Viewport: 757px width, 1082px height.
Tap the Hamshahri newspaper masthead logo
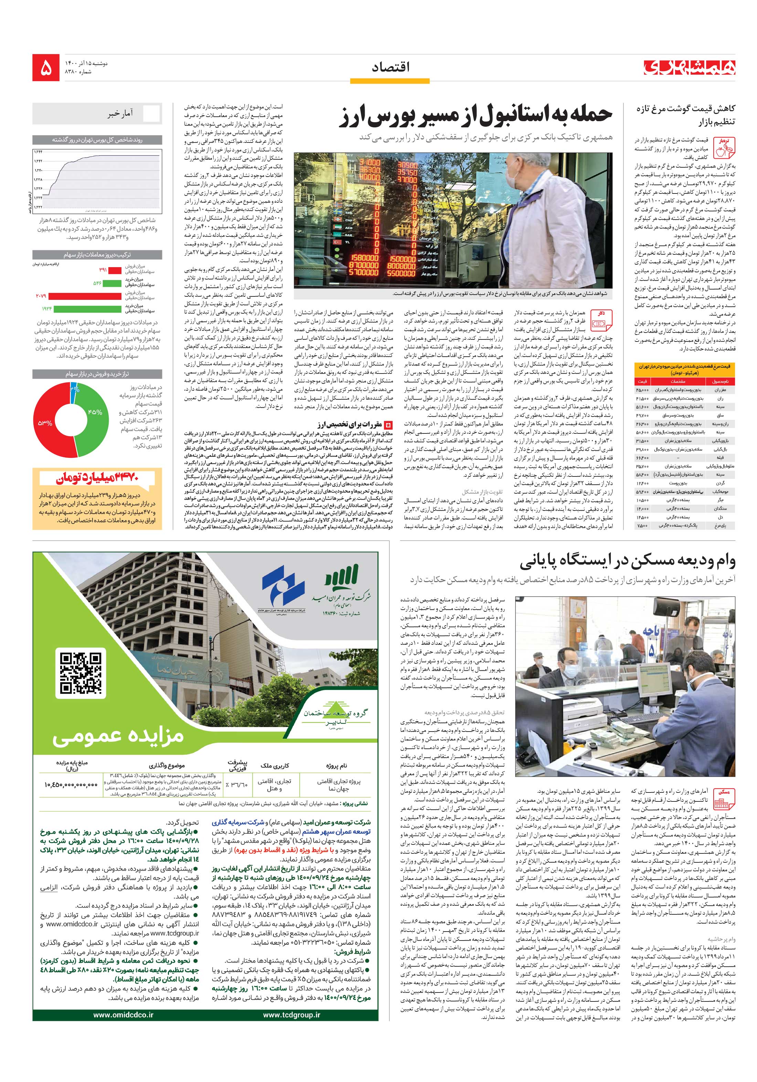click(x=690, y=67)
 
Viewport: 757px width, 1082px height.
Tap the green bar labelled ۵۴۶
click(x=111, y=283)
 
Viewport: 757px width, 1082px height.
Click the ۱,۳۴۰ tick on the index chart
click(x=38, y=170)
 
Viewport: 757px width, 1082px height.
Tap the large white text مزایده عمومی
click(x=118, y=736)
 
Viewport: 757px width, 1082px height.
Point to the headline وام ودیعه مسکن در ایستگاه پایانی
click(x=627, y=562)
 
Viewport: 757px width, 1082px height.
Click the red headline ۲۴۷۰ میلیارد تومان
click(x=97, y=478)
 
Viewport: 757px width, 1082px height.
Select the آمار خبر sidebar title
click(x=120, y=113)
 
